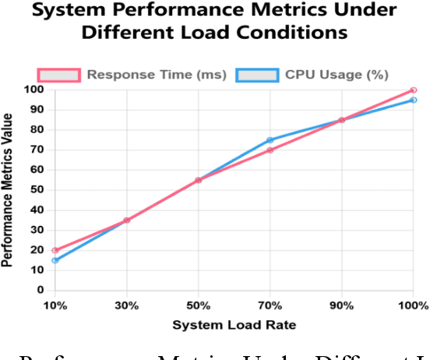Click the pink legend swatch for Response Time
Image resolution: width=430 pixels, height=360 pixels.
pyautogui.click(x=58, y=75)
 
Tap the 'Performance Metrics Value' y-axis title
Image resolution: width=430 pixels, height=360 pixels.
pyautogui.click(x=8, y=189)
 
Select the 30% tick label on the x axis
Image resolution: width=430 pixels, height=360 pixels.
pyautogui.click(x=126, y=305)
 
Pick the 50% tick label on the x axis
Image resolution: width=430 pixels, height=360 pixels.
pyautogui.click(x=198, y=305)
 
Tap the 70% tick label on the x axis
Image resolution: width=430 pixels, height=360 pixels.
pyautogui.click(x=270, y=305)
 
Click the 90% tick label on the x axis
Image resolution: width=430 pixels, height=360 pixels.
pyautogui.click(x=341, y=305)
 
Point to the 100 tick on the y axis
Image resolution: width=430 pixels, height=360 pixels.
pyautogui.click(x=35, y=90)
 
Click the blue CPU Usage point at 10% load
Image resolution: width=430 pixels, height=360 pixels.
pyautogui.click(x=55, y=260)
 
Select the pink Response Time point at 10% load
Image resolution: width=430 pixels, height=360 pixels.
pyautogui.click(x=55, y=250)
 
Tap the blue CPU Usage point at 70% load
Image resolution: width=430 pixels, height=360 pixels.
pyautogui.click(x=270, y=140)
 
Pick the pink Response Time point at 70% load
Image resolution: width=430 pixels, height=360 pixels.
pyautogui.click(x=270, y=150)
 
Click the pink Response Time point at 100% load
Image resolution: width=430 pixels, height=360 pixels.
pyautogui.click(x=414, y=90)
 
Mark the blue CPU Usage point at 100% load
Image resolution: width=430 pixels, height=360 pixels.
pyautogui.click(x=414, y=100)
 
